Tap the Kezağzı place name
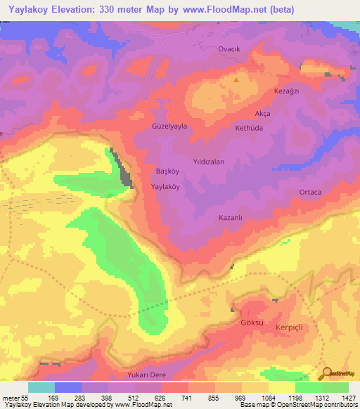click(285, 92)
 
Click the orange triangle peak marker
click(236, 79)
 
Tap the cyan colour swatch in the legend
click(41, 387)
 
